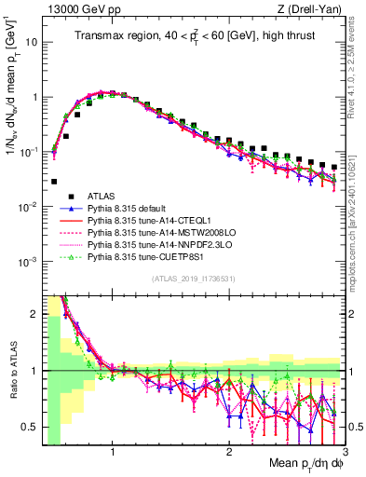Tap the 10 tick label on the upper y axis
coord(31,42)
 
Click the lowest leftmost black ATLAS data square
coord(54,182)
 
